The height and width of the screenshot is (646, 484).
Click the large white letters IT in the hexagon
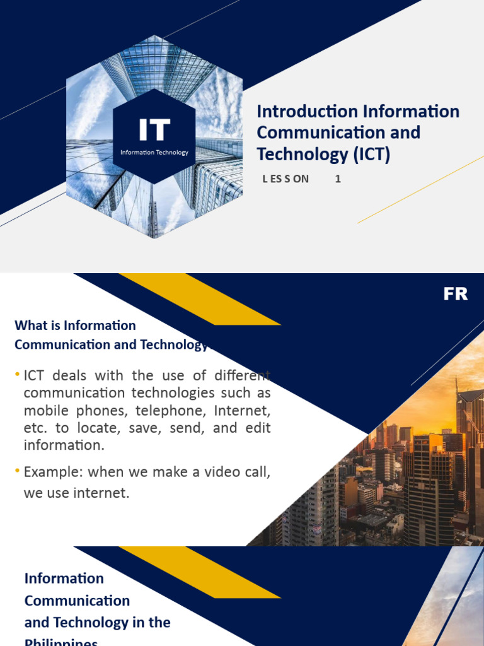[154, 130]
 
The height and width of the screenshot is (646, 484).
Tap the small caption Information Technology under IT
[154, 152]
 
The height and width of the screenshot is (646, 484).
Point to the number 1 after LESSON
[338, 179]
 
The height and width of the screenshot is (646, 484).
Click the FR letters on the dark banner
[455, 294]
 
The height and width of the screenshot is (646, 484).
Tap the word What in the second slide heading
[31, 326]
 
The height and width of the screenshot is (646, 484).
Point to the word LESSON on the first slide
[285, 179]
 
